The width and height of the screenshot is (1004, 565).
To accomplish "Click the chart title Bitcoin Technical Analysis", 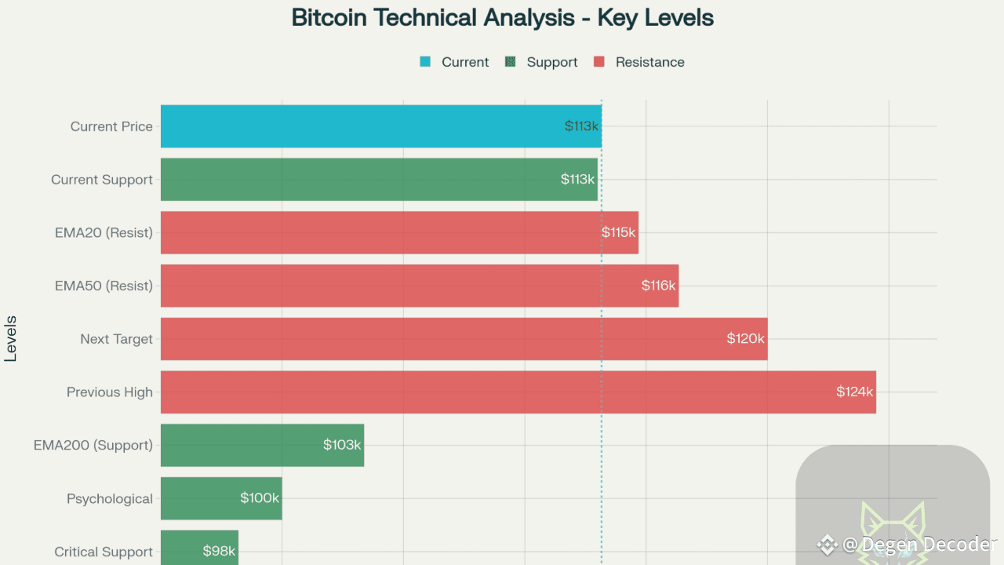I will [502, 17].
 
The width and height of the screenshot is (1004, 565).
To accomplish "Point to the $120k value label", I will [745, 339].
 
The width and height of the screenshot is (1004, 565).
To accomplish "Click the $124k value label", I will [854, 392].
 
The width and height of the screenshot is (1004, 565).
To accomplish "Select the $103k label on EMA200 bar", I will [342, 445].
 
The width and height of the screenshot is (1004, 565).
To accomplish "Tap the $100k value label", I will [260, 498].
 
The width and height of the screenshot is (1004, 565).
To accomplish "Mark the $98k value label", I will [219, 551].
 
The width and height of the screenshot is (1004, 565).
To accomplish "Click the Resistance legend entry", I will [649, 62].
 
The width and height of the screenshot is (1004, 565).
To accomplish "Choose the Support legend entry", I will [551, 62].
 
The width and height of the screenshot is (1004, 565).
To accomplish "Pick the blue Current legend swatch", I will [425, 62].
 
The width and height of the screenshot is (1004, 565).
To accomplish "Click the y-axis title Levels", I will [11, 338].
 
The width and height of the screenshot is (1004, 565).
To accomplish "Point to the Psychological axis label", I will [110, 499].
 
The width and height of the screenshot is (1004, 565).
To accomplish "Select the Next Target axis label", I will [116, 339].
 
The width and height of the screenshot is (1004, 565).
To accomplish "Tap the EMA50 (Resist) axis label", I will [104, 286].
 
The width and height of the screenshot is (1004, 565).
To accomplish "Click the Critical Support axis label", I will [104, 552].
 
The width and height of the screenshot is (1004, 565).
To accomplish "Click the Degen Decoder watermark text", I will [919, 544].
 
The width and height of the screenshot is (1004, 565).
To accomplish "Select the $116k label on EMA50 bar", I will [658, 286].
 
